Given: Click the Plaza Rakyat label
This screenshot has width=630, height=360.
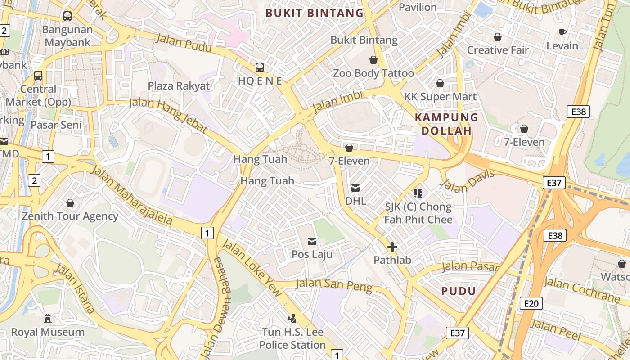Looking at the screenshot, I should pyautogui.click(x=179, y=86).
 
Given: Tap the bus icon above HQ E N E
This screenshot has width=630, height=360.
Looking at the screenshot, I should pyautogui.click(x=260, y=67).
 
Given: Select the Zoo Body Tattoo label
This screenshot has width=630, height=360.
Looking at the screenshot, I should pyautogui.click(x=373, y=73).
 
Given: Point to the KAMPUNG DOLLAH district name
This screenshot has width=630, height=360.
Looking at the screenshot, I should pyautogui.click(x=446, y=124).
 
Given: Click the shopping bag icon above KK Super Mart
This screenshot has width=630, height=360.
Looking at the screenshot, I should pyautogui.click(x=440, y=84).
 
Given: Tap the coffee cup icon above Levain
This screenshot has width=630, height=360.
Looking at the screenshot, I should pyautogui.click(x=562, y=32).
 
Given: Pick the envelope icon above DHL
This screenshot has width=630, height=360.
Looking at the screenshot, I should pyautogui.click(x=355, y=188).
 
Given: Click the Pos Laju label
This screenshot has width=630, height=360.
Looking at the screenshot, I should pyautogui.click(x=312, y=254).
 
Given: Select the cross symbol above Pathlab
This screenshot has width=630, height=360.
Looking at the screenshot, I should pyautogui.click(x=392, y=247).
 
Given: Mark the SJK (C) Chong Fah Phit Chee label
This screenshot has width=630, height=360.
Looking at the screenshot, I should pyautogui.click(x=418, y=213).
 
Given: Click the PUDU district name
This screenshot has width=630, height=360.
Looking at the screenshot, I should pyautogui.click(x=459, y=291).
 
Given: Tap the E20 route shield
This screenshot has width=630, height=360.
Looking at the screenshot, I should pyautogui.click(x=531, y=303).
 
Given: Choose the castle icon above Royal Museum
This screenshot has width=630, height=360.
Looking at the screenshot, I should pyautogui.click(x=48, y=319).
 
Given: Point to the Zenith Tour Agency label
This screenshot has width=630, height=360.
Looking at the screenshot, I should pyautogui.click(x=70, y=216).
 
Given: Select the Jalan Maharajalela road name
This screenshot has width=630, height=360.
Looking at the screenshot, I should pyautogui.click(x=131, y=194).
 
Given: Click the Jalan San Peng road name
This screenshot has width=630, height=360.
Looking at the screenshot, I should pyautogui.click(x=333, y=285).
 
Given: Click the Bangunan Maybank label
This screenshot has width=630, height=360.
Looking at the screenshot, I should pyautogui.click(x=67, y=36).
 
